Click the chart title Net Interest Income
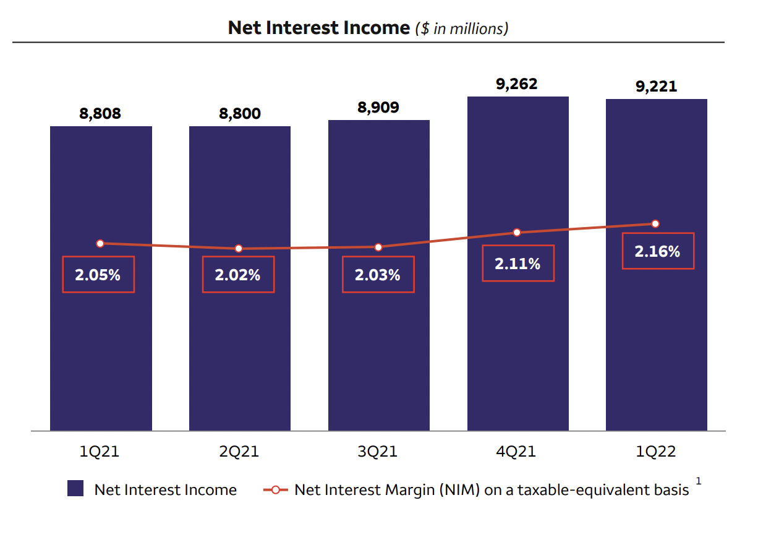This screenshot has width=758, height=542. (x=318, y=28)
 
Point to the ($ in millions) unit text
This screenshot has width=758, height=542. (x=462, y=28)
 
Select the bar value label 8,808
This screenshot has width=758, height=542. (x=100, y=114)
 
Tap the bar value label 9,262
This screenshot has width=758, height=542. (x=517, y=84)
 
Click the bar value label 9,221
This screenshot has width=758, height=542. (x=656, y=87)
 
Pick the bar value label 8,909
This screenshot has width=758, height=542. (x=378, y=108)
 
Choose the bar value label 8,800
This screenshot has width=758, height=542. (x=239, y=114)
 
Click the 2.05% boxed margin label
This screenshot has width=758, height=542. (x=98, y=275)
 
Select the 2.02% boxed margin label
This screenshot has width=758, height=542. (x=238, y=275)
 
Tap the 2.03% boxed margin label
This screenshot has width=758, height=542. (x=378, y=275)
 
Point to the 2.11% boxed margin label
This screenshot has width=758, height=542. (x=517, y=264)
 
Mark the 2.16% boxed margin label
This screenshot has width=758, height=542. (x=657, y=251)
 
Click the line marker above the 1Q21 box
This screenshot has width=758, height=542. (x=100, y=244)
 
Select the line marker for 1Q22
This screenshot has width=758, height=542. (x=655, y=224)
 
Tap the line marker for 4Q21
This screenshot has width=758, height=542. (x=517, y=233)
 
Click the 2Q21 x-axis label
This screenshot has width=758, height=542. (x=239, y=452)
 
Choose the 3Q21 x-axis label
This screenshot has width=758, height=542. (x=378, y=452)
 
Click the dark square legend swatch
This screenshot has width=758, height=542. (x=75, y=489)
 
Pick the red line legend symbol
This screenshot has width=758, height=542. (x=276, y=490)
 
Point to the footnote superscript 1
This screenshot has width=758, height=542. (x=699, y=481)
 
